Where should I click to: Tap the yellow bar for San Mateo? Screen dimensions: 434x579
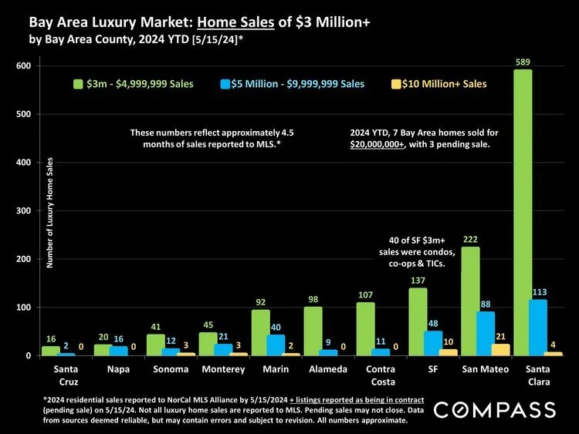tap(501, 350)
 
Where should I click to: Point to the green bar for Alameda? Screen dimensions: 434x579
tap(313, 331)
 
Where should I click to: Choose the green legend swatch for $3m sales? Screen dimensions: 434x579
tap(77, 84)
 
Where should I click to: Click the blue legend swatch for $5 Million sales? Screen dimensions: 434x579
tap(223, 84)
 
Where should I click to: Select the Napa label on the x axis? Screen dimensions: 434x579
tap(103, 369)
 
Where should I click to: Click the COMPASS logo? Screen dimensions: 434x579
tap(495, 409)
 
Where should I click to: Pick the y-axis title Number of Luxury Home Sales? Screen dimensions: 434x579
tap(50, 213)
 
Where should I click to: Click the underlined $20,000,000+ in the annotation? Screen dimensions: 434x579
tap(377, 145)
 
